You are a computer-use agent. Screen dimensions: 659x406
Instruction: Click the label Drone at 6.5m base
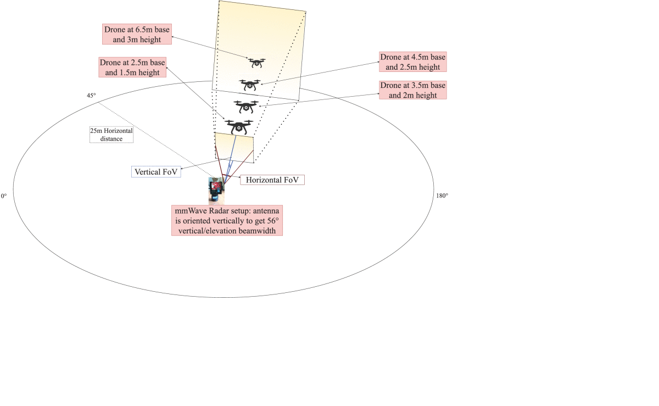(137, 34)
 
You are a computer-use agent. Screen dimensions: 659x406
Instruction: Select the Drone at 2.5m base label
(132, 67)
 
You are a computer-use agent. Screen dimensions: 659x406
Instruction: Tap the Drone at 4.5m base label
(413, 62)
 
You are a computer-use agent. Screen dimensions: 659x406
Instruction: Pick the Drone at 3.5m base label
(413, 90)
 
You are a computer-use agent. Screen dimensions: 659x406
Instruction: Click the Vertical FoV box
(156, 171)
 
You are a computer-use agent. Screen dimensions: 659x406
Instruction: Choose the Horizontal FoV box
(272, 180)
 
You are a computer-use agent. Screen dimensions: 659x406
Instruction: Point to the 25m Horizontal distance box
(111, 135)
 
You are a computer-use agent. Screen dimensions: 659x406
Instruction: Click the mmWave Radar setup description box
(227, 220)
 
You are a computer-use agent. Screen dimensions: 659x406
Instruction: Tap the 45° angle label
(91, 96)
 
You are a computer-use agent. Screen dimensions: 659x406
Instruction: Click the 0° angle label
(4, 196)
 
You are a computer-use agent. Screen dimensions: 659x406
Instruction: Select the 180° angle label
(442, 196)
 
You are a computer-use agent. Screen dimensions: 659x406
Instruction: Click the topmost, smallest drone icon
(256, 63)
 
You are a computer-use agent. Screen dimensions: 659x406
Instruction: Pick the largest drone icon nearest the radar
(239, 126)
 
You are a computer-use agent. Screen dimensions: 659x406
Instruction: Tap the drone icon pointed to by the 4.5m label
(250, 85)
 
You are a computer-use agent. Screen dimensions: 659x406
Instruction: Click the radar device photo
(216, 191)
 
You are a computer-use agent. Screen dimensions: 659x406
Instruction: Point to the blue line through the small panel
(230, 159)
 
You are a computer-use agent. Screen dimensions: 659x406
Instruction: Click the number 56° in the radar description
(273, 221)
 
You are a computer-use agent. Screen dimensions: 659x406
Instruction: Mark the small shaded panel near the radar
(234, 147)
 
